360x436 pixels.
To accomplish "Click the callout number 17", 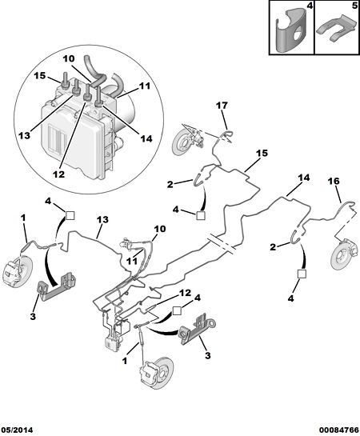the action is click(222, 106).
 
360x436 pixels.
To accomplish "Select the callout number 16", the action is click(334, 182).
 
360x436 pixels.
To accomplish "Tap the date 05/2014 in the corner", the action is click(17, 430).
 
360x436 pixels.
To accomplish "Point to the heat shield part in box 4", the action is click(290, 30).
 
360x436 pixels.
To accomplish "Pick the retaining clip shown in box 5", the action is click(337, 29).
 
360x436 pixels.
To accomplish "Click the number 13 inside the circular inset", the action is click(25, 136).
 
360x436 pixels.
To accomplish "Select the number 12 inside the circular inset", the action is click(59, 174).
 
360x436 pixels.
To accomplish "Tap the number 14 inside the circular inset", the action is click(146, 138).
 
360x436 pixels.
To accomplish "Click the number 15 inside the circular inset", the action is click(40, 75).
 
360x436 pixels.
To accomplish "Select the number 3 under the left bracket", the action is click(33, 316).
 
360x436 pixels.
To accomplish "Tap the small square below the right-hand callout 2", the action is click(302, 274).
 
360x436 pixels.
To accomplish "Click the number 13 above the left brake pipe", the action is click(102, 220).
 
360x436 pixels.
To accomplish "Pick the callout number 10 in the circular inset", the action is click(68, 58).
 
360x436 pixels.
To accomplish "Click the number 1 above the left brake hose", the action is click(24, 218).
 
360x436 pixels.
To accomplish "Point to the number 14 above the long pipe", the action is click(304, 178).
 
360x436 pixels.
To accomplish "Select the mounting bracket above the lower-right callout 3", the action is click(198, 329).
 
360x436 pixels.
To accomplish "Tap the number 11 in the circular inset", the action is click(145, 86).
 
